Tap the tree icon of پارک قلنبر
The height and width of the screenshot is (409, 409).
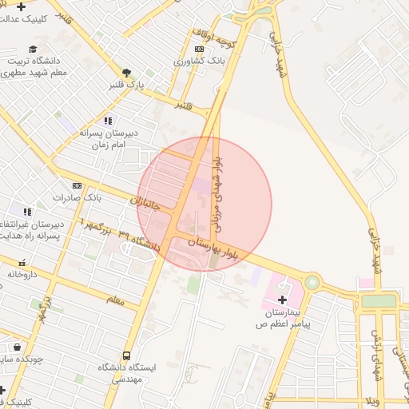tap(127, 71)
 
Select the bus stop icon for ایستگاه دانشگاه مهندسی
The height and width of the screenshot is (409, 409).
tap(126, 356)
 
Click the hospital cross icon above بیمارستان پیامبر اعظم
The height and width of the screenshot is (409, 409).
tap(292, 299)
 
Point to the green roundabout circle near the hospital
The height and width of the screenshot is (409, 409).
tap(312, 283)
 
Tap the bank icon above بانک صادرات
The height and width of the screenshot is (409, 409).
tap(77, 185)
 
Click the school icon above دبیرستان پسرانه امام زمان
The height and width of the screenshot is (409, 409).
tap(108, 121)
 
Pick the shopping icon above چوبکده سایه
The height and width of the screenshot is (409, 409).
tap(17, 347)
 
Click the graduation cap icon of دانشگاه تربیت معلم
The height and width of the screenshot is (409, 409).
tap(33, 49)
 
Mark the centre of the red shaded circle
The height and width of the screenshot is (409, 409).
tap(204, 204)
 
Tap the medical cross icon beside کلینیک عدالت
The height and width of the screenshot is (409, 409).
tap(21, 6)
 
